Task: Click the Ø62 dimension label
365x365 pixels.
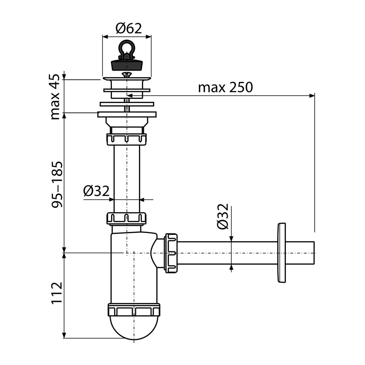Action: pyautogui.click(x=128, y=29)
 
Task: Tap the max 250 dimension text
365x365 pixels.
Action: pyautogui.click(x=225, y=88)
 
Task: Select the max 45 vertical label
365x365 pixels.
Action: pyautogui.click(x=56, y=97)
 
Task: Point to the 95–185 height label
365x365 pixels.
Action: pyautogui.click(x=57, y=184)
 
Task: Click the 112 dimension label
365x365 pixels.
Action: pyautogui.click(x=57, y=293)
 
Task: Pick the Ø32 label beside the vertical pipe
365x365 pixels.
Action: pyautogui.click(x=96, y=191)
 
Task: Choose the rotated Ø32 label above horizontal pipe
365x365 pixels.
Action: pyautogui.click(x=223, y=216)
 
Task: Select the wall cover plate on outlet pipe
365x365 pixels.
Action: pyautogui.click(x=282, y=253)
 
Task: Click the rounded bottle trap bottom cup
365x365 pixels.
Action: pyautogui.click(x=134, y=327)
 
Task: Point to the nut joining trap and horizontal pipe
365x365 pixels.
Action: pyautogui.click(x=171, y=253)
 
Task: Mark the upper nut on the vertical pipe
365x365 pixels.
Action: pyautogui.click(x=127, y=139)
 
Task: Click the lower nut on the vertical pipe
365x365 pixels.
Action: pyautogui.click(x=127, y=219)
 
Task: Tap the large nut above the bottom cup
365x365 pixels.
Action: pyautogui.click(x=134, y=310)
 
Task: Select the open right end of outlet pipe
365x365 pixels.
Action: pyautogui.click(x=314, y=253)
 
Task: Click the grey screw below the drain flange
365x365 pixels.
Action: pyautogui.click(x=127, y=105)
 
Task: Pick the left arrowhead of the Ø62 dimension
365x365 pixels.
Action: pyautogui.click(x=106, y=37)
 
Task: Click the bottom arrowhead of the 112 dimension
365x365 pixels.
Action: pyautogui.click(x=64, y=335)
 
